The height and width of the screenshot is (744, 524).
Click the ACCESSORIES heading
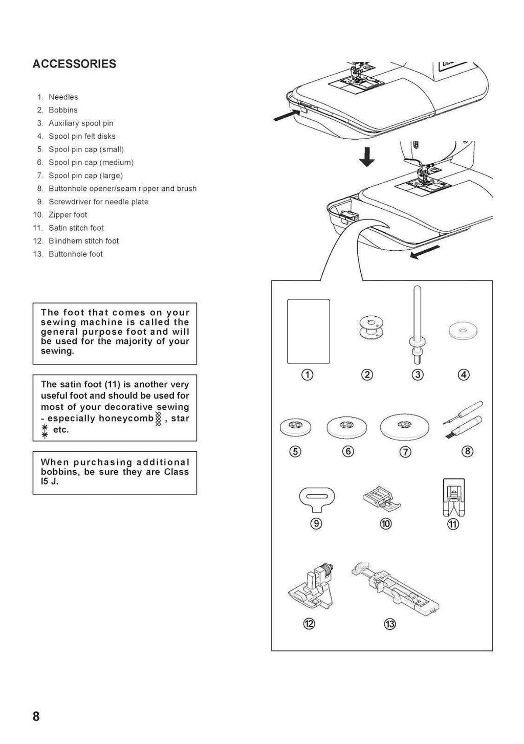74,64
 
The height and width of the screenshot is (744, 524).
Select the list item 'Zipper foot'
68,215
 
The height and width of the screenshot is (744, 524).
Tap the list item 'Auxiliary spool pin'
81,123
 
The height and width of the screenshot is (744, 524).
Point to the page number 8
36,716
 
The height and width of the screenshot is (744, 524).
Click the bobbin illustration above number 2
367,327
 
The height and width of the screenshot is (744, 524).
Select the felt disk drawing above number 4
463,331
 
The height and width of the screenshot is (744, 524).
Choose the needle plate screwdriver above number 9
316,498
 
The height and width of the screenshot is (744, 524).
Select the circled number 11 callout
453,524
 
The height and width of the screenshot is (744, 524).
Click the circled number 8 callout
467,451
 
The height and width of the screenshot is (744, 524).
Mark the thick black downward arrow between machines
366,156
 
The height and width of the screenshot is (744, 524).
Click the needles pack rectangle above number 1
309,331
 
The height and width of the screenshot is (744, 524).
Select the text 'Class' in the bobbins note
176,472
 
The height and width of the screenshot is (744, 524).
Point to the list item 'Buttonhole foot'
75,254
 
